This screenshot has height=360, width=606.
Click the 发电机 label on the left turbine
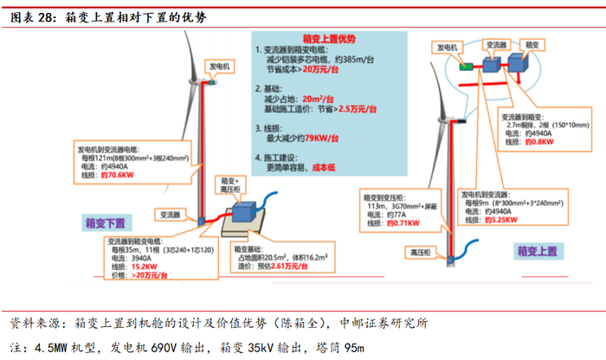click(218, 66)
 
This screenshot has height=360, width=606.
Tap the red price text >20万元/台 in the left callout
click(149, 274)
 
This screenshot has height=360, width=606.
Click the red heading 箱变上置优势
click(329, 40)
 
